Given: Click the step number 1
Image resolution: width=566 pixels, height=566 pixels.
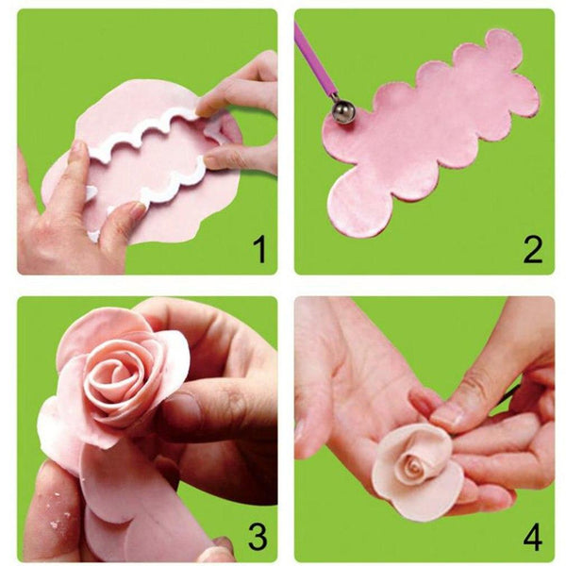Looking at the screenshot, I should [258, 251].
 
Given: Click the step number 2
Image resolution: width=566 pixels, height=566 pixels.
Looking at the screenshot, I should [533, 251].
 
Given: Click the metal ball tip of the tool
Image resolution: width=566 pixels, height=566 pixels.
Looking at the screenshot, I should [342, 113].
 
